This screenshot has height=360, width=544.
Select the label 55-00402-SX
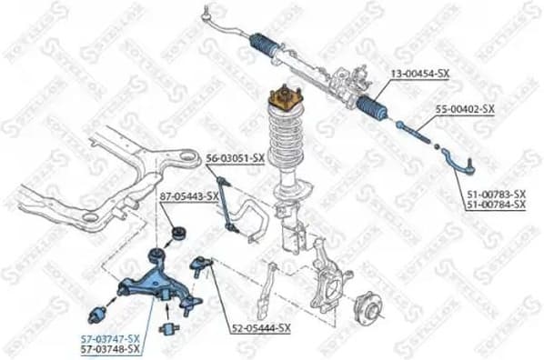tap(464, 109)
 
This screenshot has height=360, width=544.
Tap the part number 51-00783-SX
tap(497, 194)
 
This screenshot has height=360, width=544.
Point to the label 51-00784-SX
tap(497, 205)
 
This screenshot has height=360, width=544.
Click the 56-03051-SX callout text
tap(234, 157)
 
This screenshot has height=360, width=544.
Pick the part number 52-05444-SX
tap(260, 327)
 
